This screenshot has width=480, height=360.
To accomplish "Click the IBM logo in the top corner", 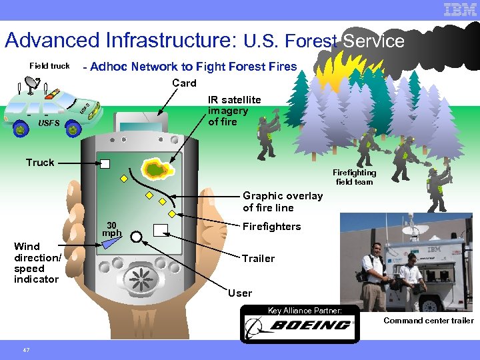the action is click(460, 10).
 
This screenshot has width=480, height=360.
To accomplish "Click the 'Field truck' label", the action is click(49, 66).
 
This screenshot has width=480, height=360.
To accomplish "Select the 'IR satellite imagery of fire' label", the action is click(234, 111).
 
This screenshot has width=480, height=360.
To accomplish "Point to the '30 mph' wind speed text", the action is click(111, 229).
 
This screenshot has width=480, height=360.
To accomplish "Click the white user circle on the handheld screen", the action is click(137, 237).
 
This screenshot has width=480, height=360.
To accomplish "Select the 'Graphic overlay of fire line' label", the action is click(282, 201).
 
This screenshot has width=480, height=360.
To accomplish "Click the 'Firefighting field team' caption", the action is click(354, 177).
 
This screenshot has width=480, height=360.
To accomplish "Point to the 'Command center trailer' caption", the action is click(428, 321).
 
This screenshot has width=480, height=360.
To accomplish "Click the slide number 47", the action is click(26, 349).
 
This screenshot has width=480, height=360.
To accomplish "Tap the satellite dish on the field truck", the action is click(31, 83).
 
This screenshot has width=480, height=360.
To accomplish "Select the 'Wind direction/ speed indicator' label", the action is click(37, 263).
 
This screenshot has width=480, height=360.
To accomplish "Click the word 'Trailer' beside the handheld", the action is click(258, 259).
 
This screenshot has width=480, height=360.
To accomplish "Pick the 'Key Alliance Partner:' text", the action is click(305, 310).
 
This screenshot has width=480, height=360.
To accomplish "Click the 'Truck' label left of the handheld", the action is click(40, 163).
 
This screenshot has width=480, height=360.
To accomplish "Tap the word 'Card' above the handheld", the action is click(184, 83).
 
